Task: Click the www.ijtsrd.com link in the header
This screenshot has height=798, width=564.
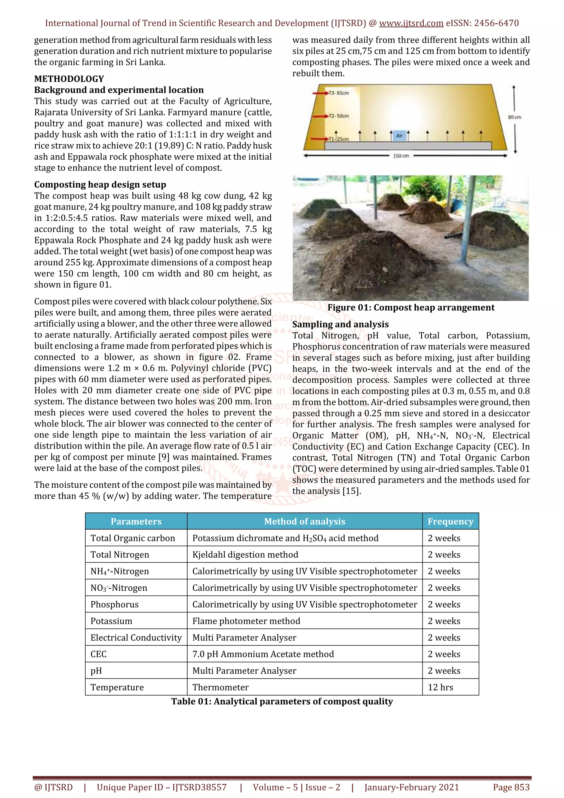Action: [x=411, y=23]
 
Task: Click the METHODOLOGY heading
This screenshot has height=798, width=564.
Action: [x=69, y=79]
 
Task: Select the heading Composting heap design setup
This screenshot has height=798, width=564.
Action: [x=100, y=184]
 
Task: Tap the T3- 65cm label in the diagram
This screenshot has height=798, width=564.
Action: [x=339, y=93]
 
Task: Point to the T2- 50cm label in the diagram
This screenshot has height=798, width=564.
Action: [x=339, y=116]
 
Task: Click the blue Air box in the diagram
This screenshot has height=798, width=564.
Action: [x=399, y=135]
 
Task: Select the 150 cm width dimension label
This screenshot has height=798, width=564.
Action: [x=401, y=156]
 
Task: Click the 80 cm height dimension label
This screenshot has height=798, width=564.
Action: [x=514, y=118]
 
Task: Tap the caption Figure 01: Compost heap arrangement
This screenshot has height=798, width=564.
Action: [x=411, y=308]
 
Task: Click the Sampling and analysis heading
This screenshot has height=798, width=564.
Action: [x=340, y=324]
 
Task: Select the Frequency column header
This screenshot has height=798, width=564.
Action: [x=450, y=521]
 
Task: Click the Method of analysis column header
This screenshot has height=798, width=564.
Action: [x=304, y=521]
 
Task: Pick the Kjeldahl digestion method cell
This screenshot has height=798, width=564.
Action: [x=245, y=555]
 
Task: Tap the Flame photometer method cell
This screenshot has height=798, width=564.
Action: [x=246, y=621]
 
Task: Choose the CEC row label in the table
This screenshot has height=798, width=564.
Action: [x=98, y=654]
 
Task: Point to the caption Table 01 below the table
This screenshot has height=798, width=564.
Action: [x=282, y=701]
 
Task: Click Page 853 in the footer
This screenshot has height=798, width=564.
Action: [x=511, y=787]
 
